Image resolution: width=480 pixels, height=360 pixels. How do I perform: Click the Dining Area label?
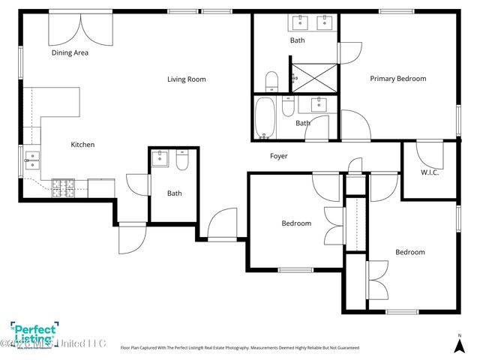(70, 53)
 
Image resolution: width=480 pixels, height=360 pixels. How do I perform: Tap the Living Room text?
(186, 79)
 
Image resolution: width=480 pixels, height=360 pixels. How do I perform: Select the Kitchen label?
(82, 145)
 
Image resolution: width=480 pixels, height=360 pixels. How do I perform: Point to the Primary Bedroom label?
(397, 79)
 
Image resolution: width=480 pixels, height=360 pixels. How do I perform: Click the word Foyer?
(279, 156)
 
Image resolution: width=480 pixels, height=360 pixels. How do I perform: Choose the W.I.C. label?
(430, 172)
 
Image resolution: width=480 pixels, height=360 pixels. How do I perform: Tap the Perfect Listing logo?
(31, 334)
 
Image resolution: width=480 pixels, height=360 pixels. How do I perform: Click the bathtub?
(264, 119)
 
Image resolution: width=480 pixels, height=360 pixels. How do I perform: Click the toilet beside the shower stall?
(272, 81)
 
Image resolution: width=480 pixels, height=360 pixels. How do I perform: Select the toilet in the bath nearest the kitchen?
(182, 160)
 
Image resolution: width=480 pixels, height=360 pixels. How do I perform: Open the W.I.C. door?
(428, 154)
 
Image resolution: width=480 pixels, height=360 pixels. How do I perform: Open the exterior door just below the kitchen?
(132, 238)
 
